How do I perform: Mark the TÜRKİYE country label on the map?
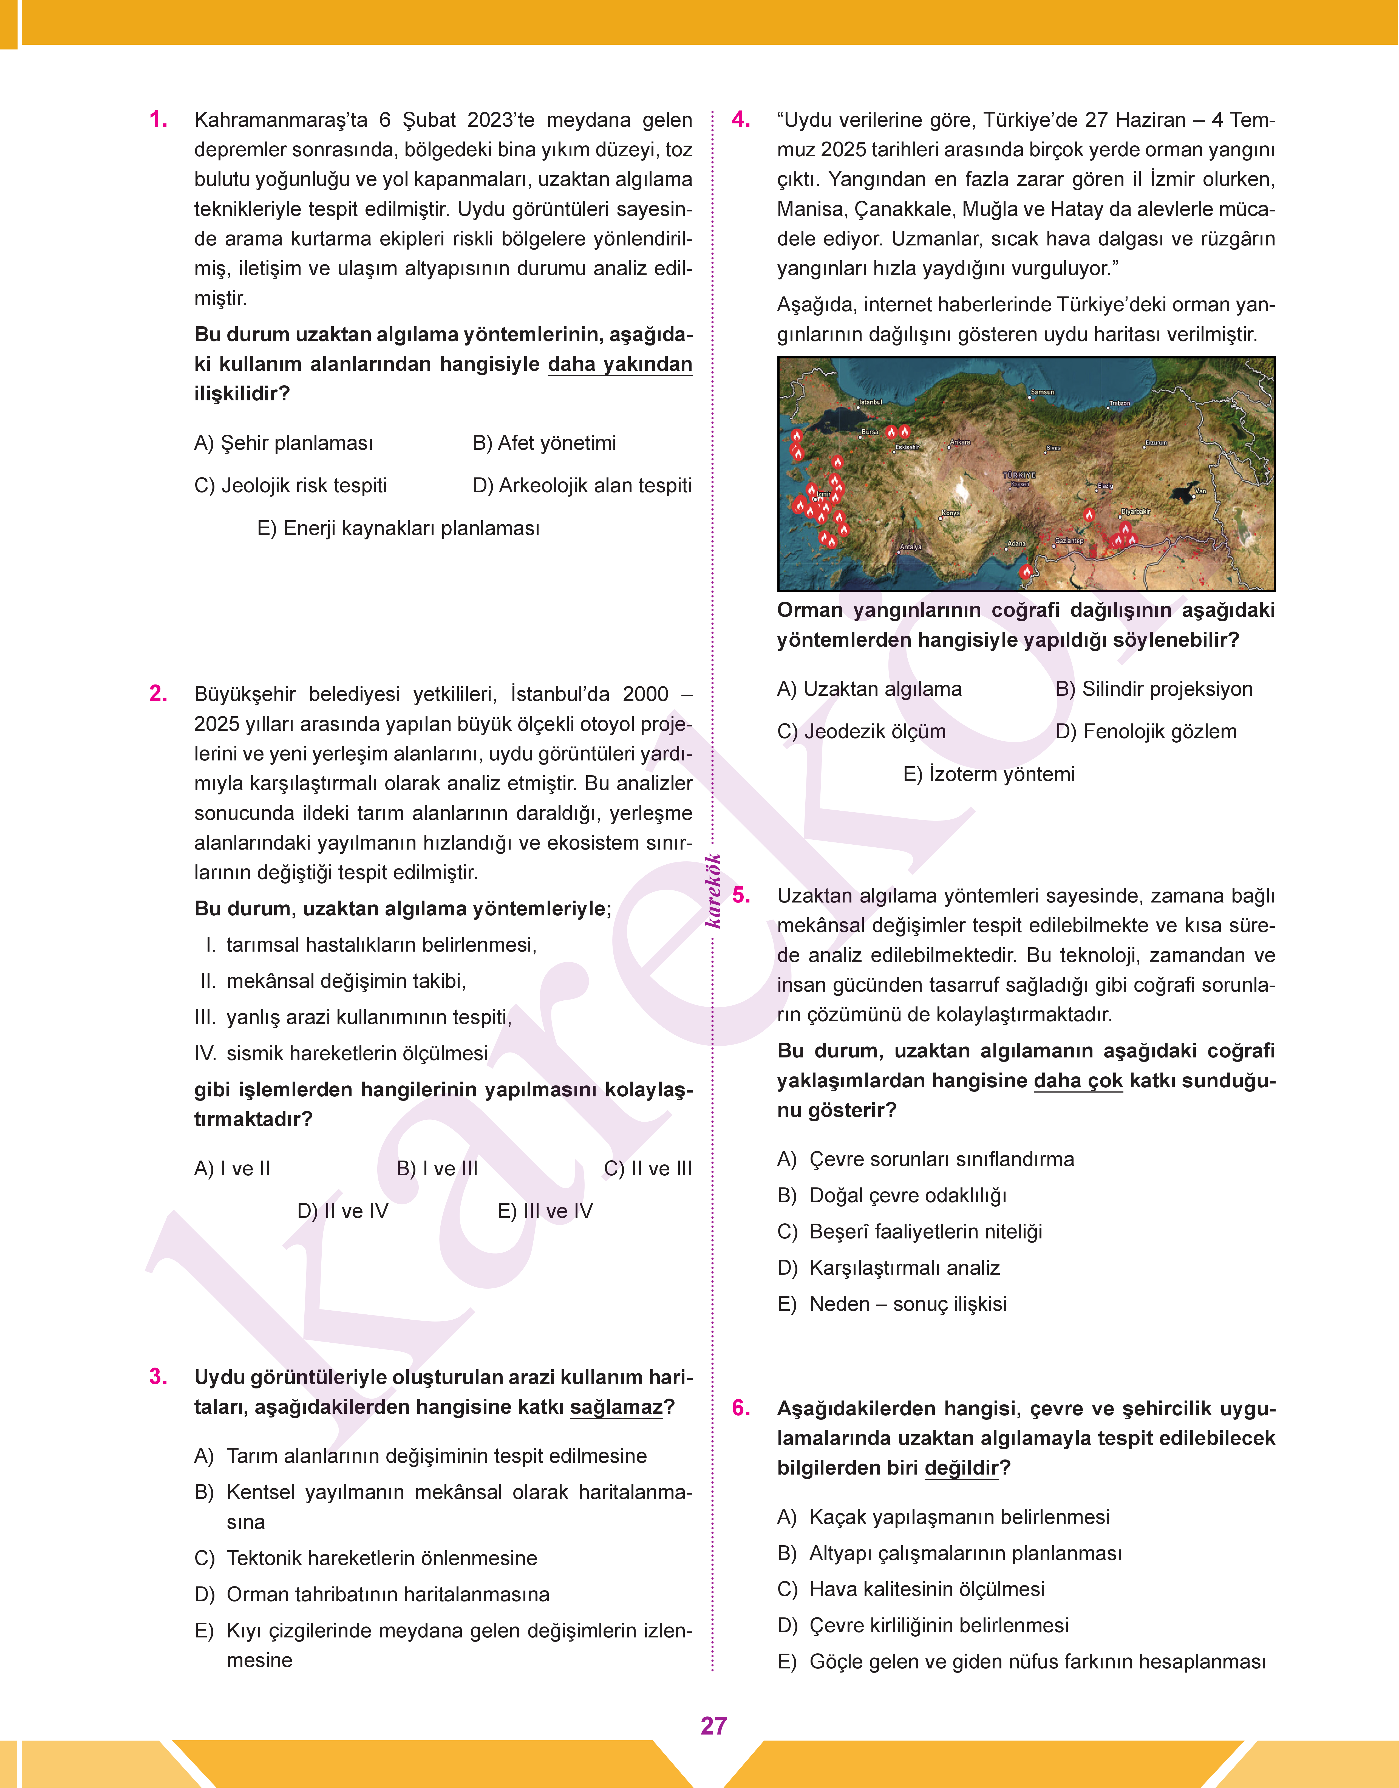(1019, 475)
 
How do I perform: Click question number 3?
(158, 1377)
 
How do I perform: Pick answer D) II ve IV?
(342, 1210)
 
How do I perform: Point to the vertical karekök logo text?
(713, 891)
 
